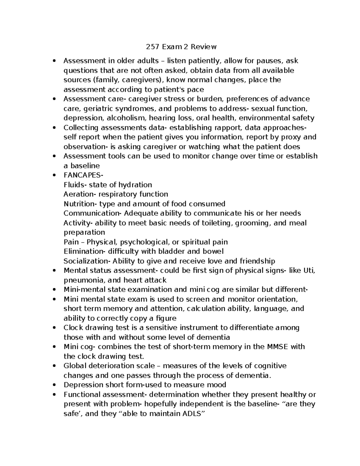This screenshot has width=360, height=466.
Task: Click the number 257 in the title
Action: pyautogui.click(x=152, y=47)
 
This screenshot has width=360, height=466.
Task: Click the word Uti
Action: pyautogui.click(x=309, y=271)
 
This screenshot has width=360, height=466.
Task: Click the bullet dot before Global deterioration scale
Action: pyautogui.click(x=54, y=366)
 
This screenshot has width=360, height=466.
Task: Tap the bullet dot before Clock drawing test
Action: pyautogui.click(x=54, y=328)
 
